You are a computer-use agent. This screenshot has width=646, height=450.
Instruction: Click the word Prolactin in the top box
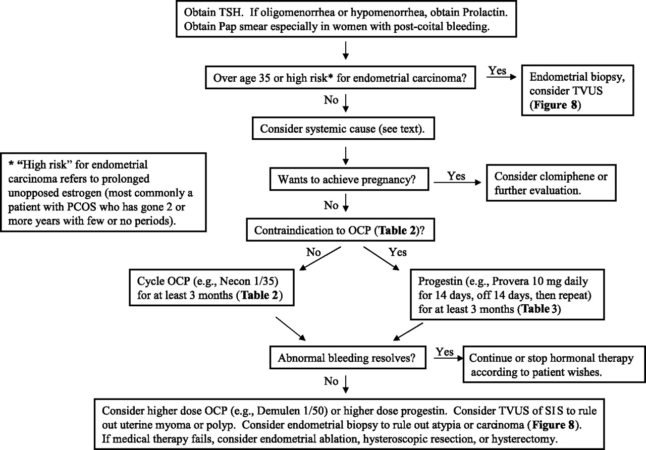click(x=484, y=13)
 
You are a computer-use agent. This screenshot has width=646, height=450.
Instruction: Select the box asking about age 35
click(x=340, y=78)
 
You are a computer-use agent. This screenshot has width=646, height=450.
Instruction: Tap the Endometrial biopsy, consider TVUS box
click(x=578, y=90)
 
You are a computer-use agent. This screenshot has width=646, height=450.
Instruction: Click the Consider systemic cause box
click(x=343, y=128)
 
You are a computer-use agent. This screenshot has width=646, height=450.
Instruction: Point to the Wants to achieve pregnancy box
click(x=349, y=179)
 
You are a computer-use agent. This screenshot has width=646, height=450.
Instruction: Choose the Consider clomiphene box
click(x=551, y=183)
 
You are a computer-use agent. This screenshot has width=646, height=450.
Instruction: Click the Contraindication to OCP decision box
click(x=340, y=230)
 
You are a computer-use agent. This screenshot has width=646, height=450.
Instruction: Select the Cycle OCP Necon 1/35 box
click(x=211, y=288)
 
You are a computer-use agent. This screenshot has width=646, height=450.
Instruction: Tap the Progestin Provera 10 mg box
click(x=507, y=295)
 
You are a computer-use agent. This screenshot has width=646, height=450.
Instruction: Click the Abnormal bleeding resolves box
click(x=348, y=358)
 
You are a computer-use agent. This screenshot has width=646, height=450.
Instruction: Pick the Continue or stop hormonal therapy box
click(x=554, y=364)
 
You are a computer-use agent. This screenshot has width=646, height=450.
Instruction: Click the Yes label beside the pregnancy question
click(x=456, y=176)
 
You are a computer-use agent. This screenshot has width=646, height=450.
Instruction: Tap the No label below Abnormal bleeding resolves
click(x=331, y=381)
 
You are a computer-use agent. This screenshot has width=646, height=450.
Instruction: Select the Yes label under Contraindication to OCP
click(x=398, y=252)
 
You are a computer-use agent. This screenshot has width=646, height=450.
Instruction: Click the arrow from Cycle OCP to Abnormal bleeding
click(x=290, y=328)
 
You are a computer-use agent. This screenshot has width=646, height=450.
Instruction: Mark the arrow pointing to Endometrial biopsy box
click(x=501, y=77)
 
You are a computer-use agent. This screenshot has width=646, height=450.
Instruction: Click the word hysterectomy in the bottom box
click(x=523, y=439)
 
